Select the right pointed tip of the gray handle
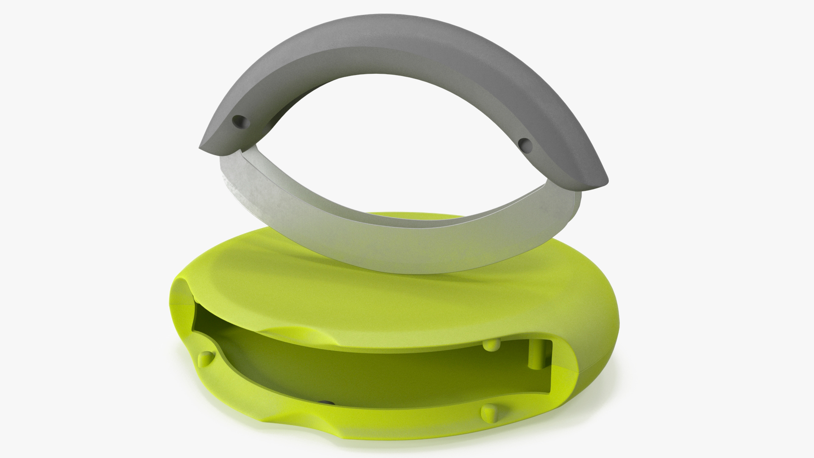605,184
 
